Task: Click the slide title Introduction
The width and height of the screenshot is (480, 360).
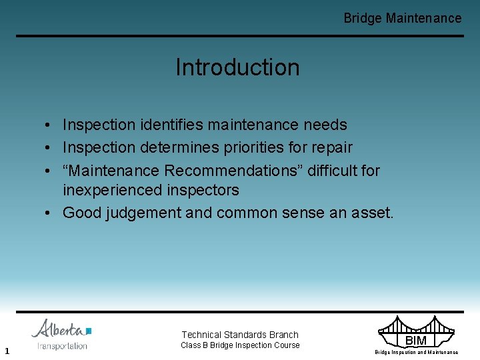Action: [x=237, y=67]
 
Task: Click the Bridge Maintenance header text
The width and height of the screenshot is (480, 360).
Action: [x=402, y=18]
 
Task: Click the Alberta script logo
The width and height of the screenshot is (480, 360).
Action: [x=57, y=329]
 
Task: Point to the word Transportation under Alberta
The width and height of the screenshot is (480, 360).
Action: [x=62, y=346]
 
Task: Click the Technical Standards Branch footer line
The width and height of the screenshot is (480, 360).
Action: [x=240, y=335]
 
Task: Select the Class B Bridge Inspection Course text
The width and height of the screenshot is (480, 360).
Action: [x=240, y=345]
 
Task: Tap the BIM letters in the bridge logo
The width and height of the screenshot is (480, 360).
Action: [x=415, y=341]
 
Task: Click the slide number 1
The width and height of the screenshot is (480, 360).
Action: [x=6, y=351]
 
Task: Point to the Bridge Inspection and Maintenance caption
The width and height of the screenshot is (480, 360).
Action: [x=416, y=352]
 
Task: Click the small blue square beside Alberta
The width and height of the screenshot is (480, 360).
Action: [x=88, y=331]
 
